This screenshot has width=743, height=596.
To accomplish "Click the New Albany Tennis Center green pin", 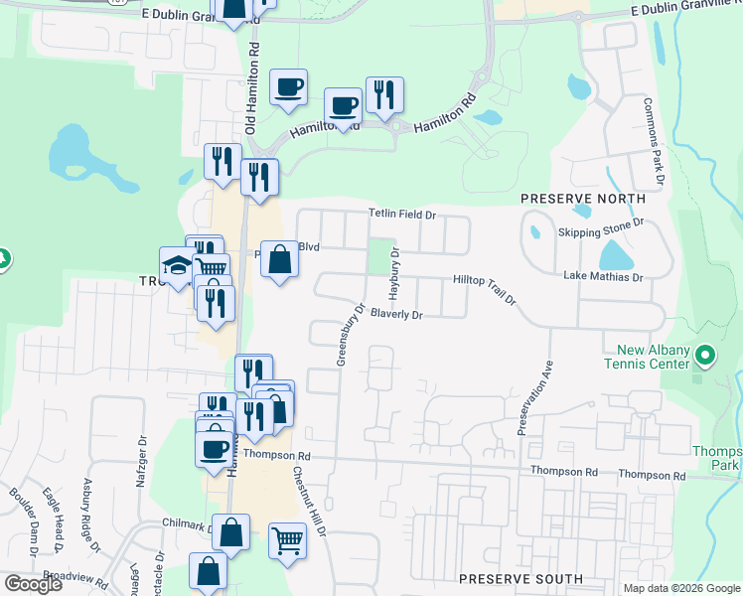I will pyautogui.click(x=705, y=355).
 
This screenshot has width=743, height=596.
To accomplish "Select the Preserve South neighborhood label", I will pyautogui.click(x=520, y=578).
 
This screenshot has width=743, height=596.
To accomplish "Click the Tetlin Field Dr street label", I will pyautogui.click(x=402, y=214).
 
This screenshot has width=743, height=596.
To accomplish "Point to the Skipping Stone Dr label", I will pyautogui.click(x=601, y=231).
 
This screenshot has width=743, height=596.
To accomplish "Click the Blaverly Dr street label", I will pyautogui.click(x=396, y=315).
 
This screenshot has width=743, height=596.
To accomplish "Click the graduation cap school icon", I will pyautogui.click(x=178, y=267).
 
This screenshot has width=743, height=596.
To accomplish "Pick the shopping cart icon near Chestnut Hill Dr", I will pyautogui.click(x=287, y=541).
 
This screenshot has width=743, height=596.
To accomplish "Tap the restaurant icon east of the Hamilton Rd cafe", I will pyautogui.click(x=384, y=95).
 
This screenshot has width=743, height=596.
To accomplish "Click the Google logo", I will pyautogui.click(x=33, y=584).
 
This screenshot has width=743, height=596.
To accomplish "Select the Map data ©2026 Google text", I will pyautogui.click(x=681, y=588).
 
